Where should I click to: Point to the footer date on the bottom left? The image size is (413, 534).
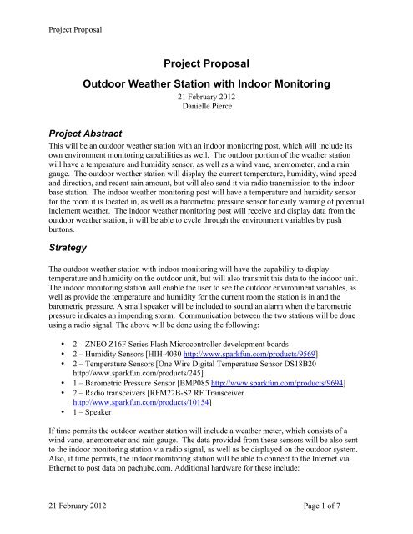click(61, 516)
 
